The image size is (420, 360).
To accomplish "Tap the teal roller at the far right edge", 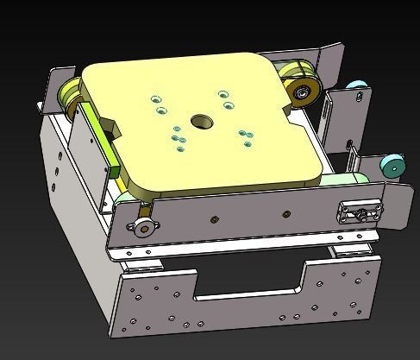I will (392, 166).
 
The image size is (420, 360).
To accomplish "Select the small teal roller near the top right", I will (354, 86).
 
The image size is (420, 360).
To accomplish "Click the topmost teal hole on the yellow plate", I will (224, 93).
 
